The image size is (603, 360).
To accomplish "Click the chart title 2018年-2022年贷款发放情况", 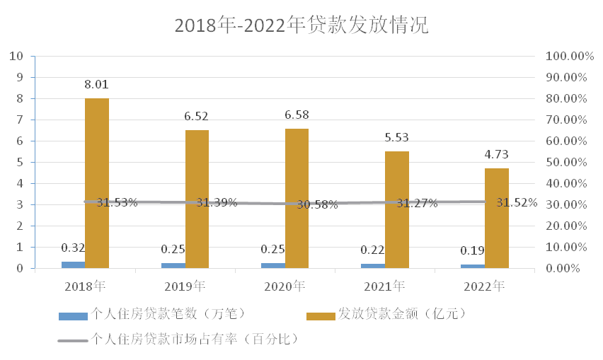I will tap(301, 25).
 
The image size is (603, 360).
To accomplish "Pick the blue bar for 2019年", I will tap(173, 265).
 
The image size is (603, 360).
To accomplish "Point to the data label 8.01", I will tap(97, 85).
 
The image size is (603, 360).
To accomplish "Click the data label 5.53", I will tap(397, 138).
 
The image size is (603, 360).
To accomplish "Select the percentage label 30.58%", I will tap(317, 205).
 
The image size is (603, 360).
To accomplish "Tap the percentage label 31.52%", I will tap(517, 202).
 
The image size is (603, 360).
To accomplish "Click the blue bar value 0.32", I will tap(73, 248).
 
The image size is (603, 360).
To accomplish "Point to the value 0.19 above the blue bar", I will tap(473, 250).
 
